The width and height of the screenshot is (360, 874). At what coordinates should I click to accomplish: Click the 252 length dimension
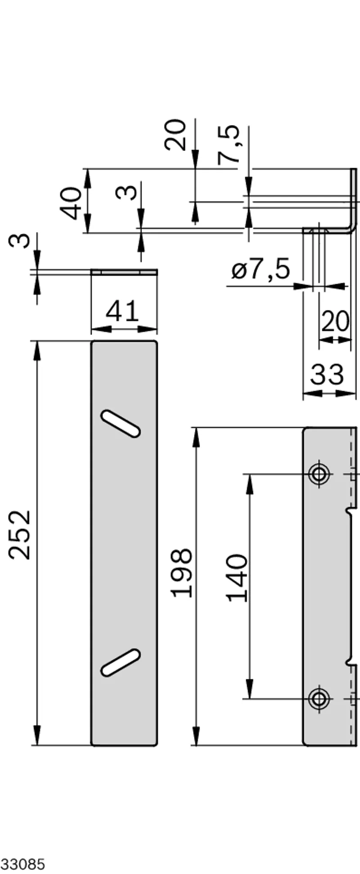(x=20, y=535)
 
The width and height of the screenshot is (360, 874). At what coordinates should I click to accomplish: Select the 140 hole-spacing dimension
(x=237, y=578)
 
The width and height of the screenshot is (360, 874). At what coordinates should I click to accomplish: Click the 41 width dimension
(x=122, y=311)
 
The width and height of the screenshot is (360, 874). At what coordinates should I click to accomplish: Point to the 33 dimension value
(x=327, y=374)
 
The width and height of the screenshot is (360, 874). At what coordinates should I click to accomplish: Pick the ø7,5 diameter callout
(x=261, y=270)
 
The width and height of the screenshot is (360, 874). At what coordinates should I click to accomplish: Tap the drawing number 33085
(x=23, y=864)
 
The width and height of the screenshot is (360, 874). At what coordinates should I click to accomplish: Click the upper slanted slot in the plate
(x=120, y=423)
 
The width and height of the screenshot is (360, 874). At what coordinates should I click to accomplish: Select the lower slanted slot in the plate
(x=120, y=663)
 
